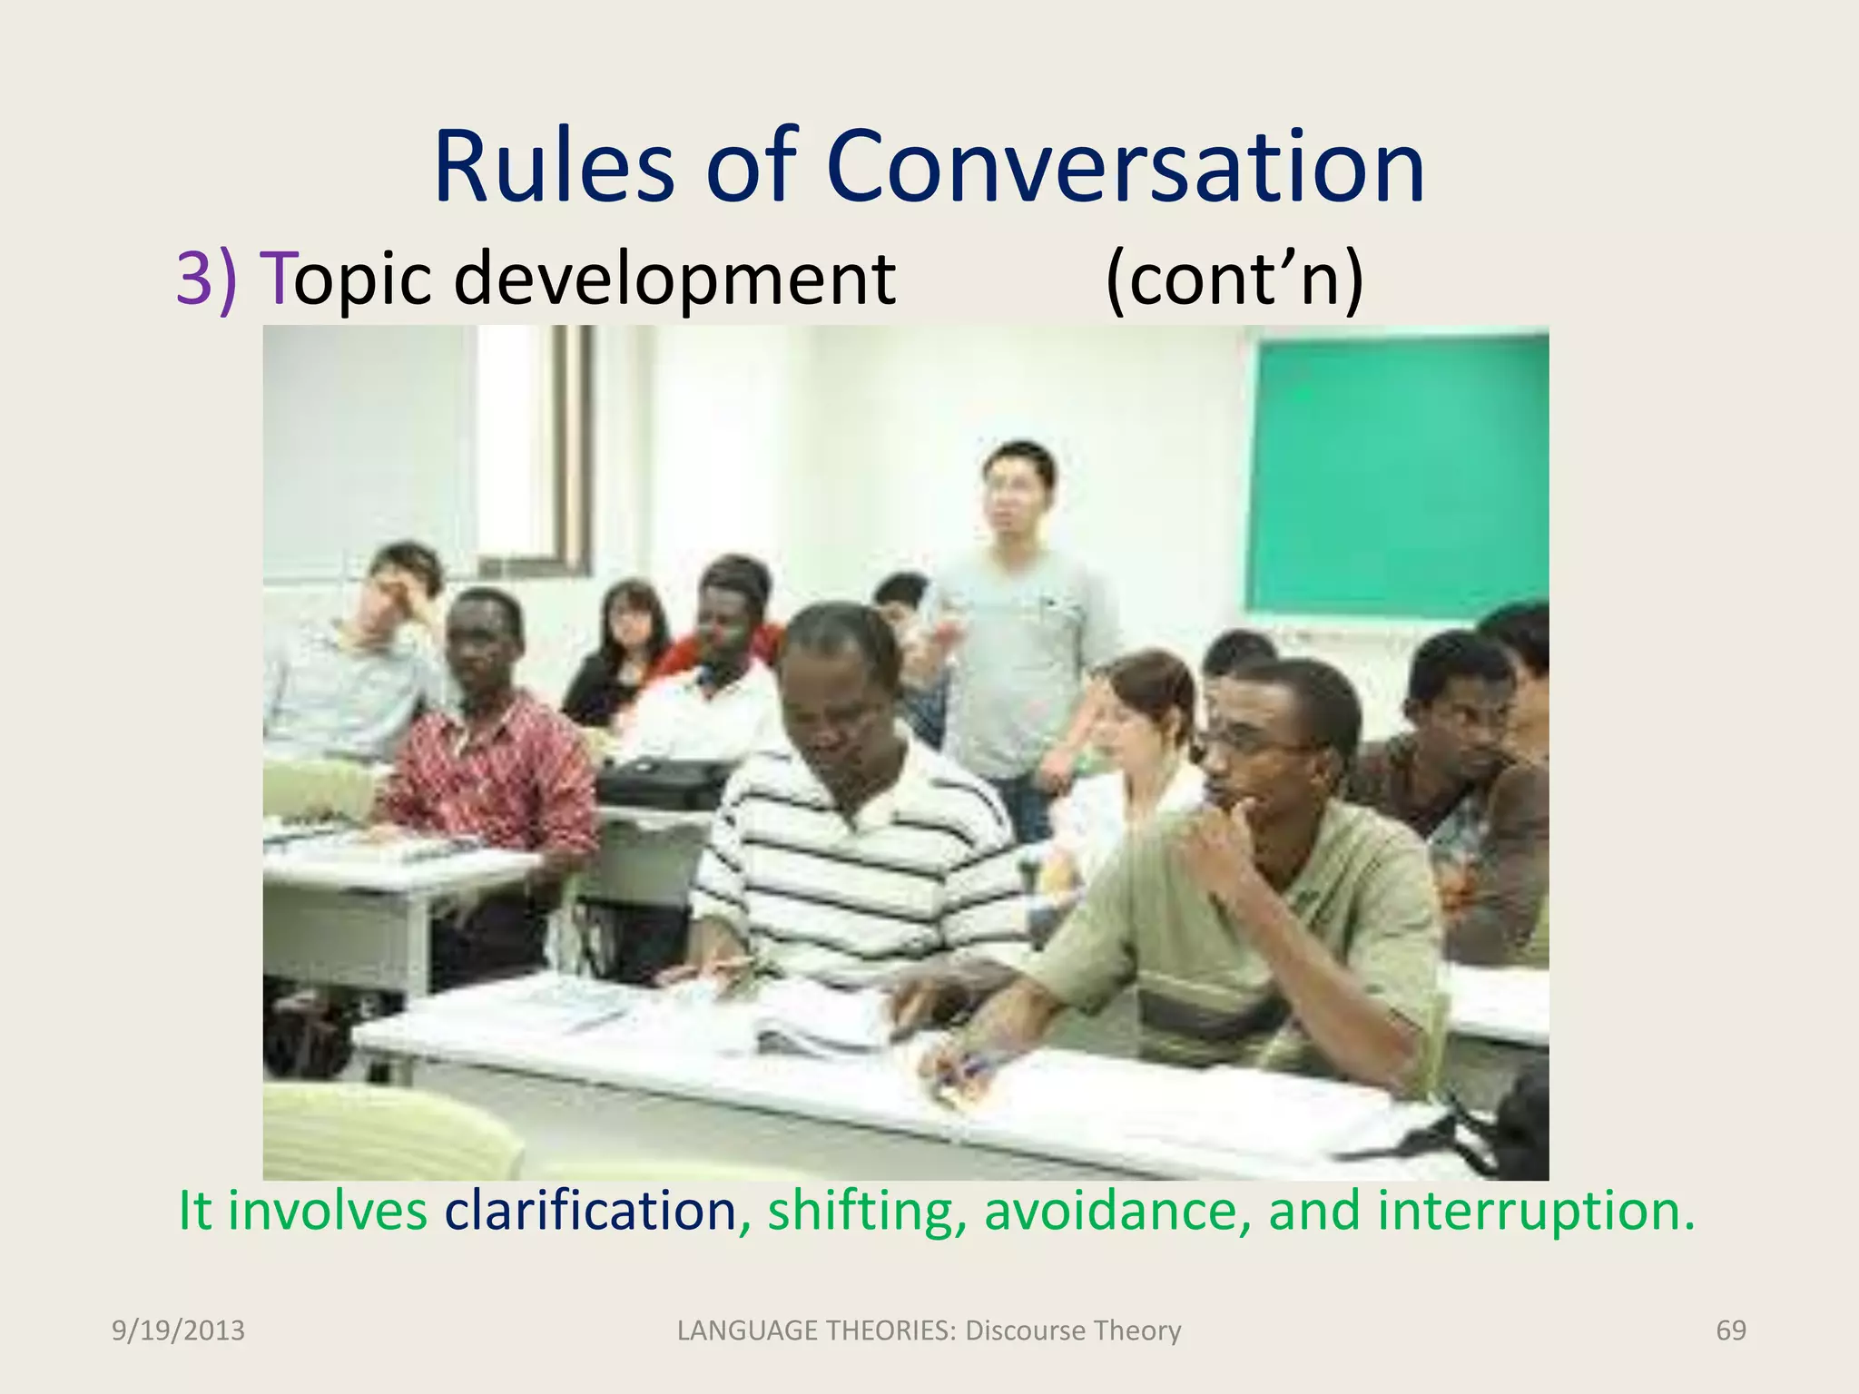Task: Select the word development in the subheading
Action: [x=674, y=280]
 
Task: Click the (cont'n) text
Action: [x=1234, y=280]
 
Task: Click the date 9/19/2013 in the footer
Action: [x=178, y=1330]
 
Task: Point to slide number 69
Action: [x=1730, y=1330]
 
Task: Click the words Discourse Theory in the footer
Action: [x=1073, y=1330]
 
